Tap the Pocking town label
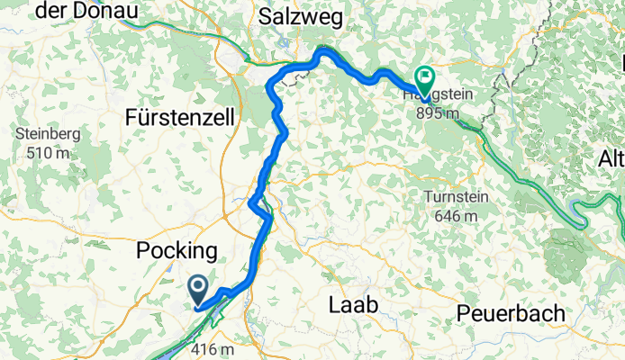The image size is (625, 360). (177, 251)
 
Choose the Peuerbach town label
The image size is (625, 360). (511, 313)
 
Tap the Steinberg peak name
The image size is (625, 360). (49, 135)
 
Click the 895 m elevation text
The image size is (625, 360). (439, 114)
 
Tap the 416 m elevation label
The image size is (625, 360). (213, 350)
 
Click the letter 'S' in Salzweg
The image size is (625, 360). (265, 15)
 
